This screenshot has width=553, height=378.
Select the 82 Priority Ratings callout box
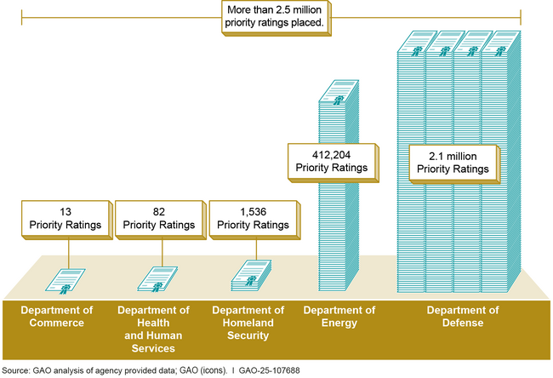point(157,219)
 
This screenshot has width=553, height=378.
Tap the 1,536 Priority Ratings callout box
point(251,219)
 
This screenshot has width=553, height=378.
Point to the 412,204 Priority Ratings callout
point(331,161)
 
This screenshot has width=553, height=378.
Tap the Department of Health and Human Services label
point(154,329)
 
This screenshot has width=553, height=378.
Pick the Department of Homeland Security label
point(248,323)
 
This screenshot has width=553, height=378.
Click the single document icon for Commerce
point(66,278)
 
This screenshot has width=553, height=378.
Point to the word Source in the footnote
point(16,370)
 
